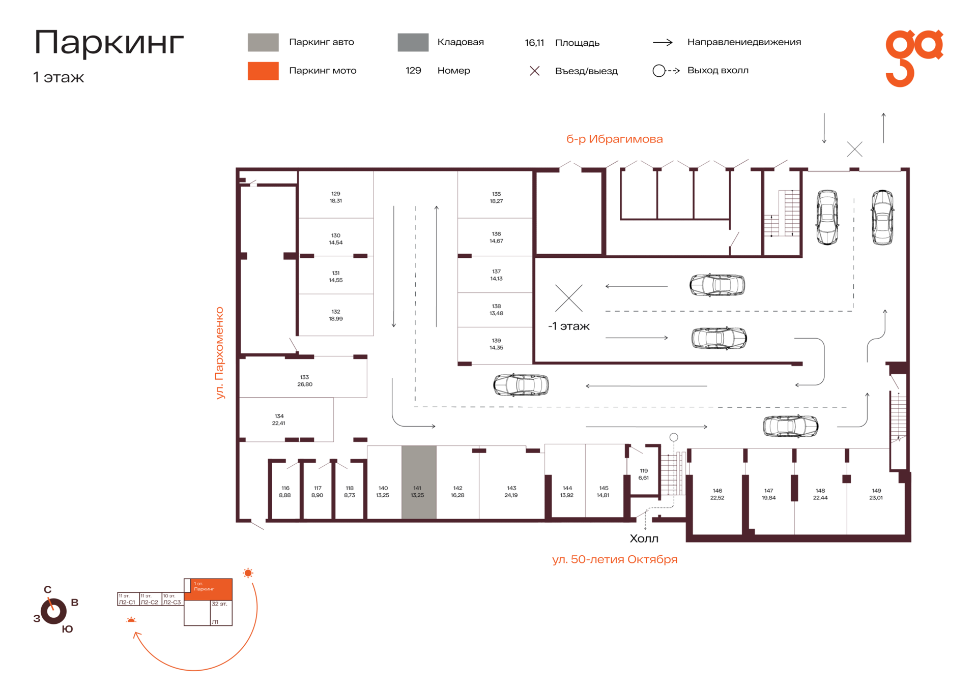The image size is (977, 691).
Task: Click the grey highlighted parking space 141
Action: point(419,482)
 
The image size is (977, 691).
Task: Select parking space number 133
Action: point(303,377)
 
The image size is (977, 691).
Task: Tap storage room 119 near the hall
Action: point(644,474)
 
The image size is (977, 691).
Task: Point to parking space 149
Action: point(875,494)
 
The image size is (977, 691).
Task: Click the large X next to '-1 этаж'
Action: point(569,298)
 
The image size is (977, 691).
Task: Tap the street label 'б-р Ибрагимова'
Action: point(614,139)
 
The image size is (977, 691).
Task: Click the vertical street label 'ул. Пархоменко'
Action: point(219,353)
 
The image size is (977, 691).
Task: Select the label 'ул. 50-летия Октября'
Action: point(615,559)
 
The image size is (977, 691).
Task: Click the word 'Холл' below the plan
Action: point(644,538)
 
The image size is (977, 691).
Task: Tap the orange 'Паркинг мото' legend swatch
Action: point(263,71)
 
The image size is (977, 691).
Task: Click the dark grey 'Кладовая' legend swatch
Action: point(413,42)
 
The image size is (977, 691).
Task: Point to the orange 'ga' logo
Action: point(914,57)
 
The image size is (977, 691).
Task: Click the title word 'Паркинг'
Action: point(109,42)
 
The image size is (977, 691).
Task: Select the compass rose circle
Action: point(54,611)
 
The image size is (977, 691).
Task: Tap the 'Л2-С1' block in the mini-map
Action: point(128,599)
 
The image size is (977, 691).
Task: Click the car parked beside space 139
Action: point(521,385)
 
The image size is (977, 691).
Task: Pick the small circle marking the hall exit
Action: point(674,437)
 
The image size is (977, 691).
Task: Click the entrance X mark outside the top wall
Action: point(854,149)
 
